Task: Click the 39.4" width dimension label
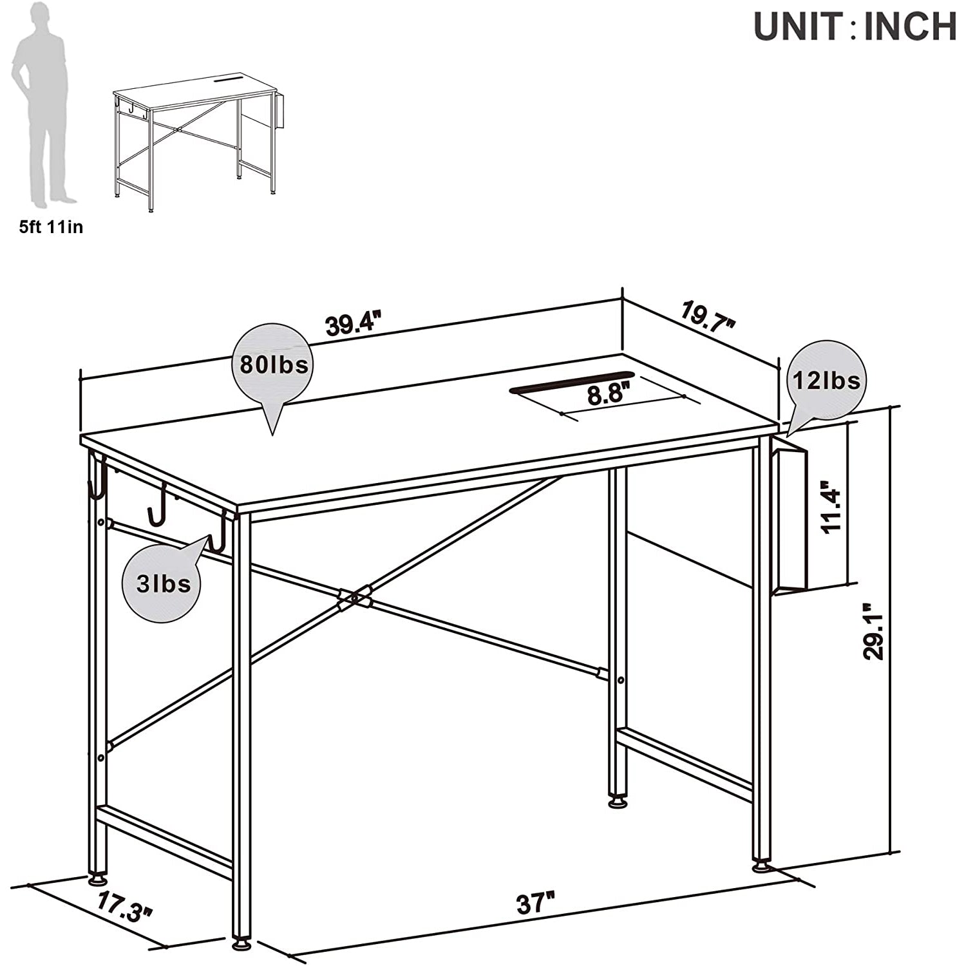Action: (x=354, y=323)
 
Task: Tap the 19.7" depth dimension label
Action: (x=708, y=317)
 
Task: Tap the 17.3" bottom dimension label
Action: (x=126, y=907)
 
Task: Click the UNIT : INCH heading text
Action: (x=855, y=26)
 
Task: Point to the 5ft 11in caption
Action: (x=51, y=227)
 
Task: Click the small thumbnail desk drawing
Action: (x=197, y=141)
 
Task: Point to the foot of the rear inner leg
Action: (x=618, y=802)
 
